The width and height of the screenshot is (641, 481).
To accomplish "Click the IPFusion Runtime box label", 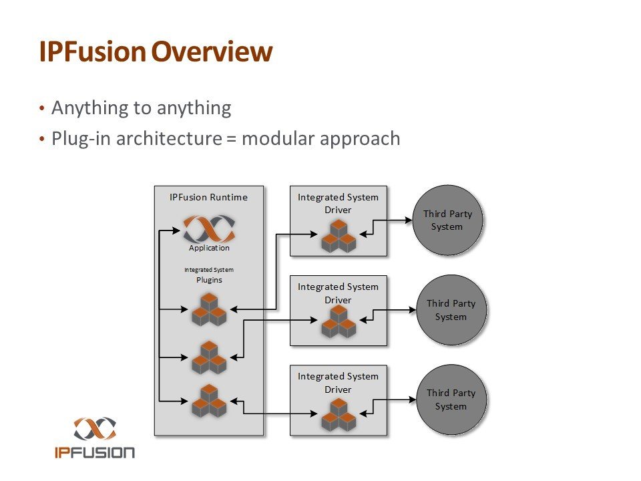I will click(209, 197).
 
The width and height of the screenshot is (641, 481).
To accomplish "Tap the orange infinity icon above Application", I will click(209, 229).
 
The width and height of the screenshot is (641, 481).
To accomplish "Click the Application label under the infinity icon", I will click(209, 248).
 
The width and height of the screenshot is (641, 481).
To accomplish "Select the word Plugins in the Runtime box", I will click(209, 281).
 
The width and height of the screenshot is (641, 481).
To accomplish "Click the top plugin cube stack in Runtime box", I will click(210, 309).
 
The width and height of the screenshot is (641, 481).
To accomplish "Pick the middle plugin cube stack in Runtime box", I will click(210, 357).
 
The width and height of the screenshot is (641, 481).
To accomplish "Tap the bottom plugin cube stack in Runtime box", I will click(210, 401).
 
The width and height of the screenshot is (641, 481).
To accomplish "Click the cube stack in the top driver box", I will click(338, 236).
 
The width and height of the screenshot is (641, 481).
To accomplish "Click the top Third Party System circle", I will click(447, 220).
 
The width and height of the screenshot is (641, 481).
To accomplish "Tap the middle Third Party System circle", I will click(451, 310).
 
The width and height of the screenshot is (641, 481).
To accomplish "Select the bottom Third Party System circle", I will click(451, 399).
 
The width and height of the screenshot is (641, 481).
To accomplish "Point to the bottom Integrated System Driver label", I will click(338, 383).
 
